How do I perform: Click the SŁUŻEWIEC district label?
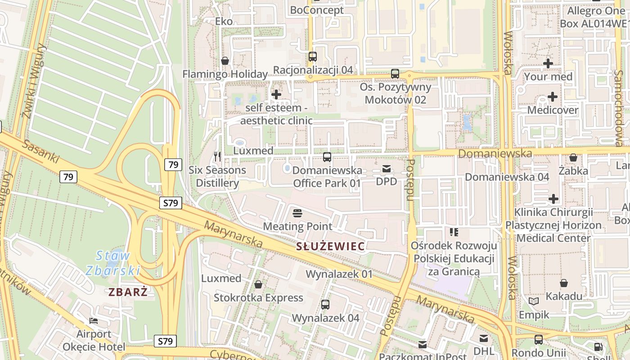click(331, 246)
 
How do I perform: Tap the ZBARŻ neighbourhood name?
click(128, 292)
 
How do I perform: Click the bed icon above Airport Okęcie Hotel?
click(94, 321)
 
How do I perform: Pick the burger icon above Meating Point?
click(297, 213)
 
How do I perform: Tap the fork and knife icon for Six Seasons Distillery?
click(217, 156)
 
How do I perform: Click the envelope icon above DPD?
click(386, 169)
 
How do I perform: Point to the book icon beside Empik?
click(534, 301)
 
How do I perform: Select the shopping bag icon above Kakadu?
click(564, 283)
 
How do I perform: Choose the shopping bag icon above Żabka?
click(573, 157)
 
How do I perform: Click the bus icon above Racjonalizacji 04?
click(313, 57)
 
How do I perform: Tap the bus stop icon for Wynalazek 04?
click(325, 305)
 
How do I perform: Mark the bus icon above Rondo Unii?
click(539, 340)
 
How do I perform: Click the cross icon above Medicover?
click(553, 97)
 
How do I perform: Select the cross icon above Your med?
click(548, 63)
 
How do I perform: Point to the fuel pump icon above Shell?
click(598, 347)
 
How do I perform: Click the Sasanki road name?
click(40, 151)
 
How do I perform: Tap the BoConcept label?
click(317, 10)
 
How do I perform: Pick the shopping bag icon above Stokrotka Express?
click(258, 284)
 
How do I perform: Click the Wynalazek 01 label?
click(339, 274)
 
